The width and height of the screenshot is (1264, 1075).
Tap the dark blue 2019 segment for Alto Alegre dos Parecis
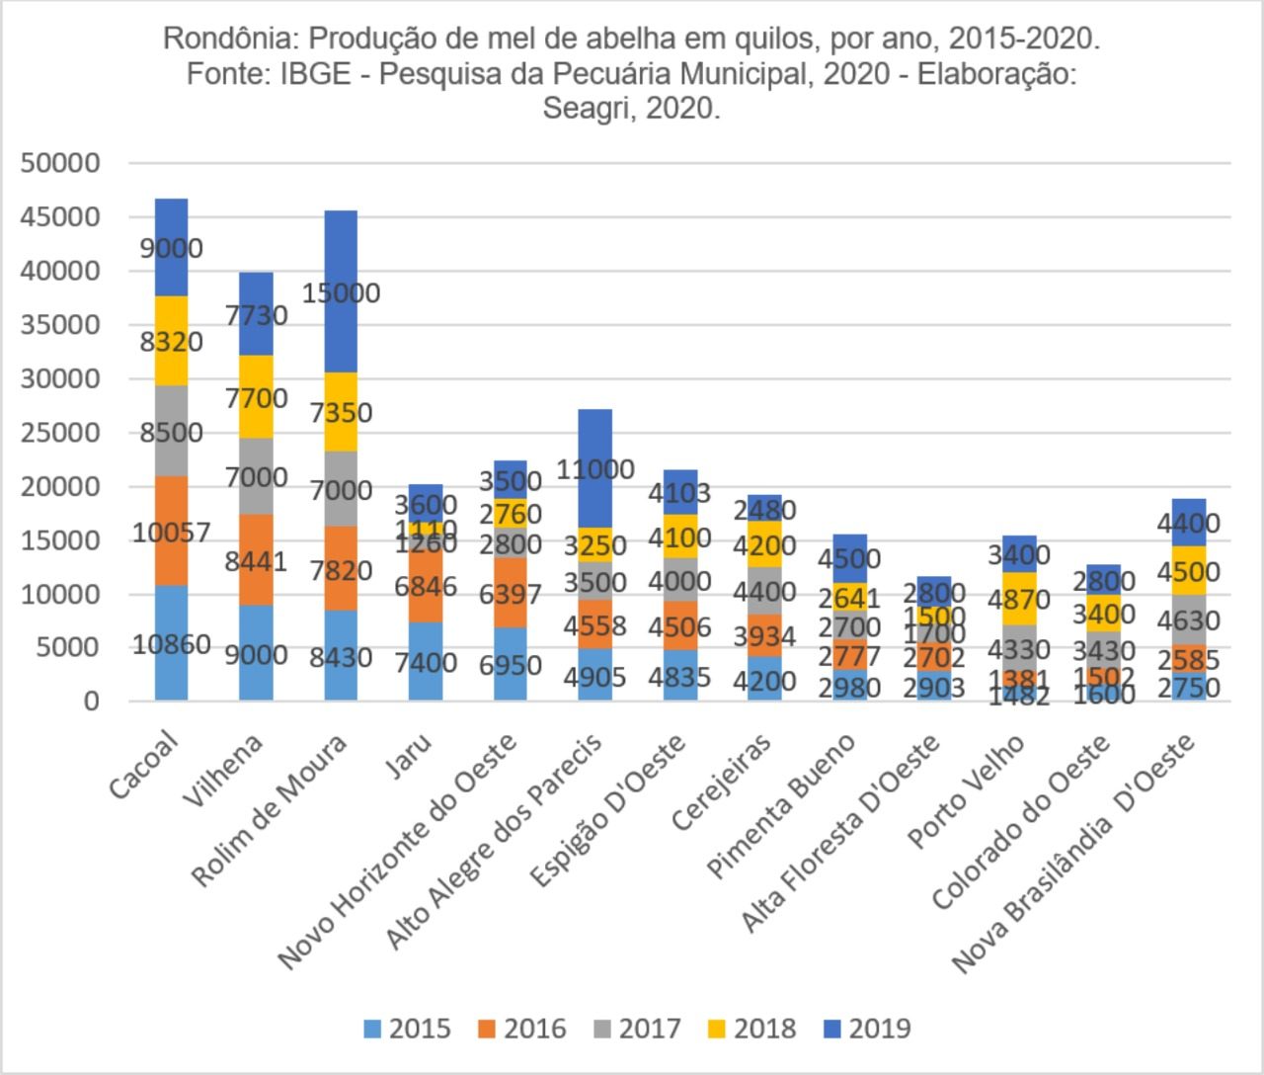coord(594,435)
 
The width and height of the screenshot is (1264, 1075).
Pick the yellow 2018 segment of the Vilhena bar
coord(256,396)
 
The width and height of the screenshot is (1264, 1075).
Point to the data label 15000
coord(341,293)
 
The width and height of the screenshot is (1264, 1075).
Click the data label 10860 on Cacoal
coord(172,645)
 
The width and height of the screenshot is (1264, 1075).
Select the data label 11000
coord(594,469)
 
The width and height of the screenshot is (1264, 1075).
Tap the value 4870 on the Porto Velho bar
coord(1018,600)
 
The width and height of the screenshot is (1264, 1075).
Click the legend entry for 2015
coord(407,1029)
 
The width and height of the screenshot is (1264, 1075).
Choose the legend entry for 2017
coord(637,1029)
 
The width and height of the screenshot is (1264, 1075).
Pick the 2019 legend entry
coord(866,1029)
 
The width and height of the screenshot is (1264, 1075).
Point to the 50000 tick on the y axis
coord(60,163)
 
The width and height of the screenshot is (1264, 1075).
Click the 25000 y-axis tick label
coord(60,433)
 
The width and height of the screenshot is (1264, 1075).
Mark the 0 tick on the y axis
coord(92,702)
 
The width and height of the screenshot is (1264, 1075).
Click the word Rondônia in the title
coord(231,40)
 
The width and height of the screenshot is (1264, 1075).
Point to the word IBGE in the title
coord(315,74)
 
